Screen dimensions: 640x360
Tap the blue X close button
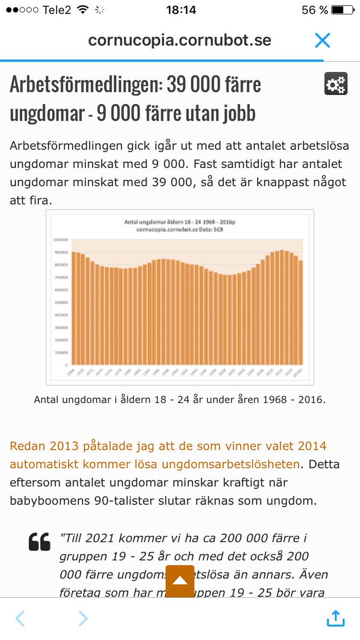pyautogui.click(x=323, y=41)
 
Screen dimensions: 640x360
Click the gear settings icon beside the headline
pyautogui.click(x=335, y=84)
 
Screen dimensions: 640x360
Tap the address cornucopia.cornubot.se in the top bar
pyautogui.click(x=180, y=41)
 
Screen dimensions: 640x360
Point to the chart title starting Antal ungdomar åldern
pyautogui.click(x=179, y=222)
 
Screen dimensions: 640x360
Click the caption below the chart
pyautogui.click(x=180, y=399)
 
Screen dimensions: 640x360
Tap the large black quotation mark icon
pyautogui.click(x=39, y=542)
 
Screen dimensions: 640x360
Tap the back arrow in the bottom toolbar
pyautogui.click(x=20, y=618)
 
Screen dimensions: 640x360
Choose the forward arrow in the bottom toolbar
pyautogui.click(x=83, y=618)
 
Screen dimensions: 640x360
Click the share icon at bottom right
pyautogui.click(x=335, y=618)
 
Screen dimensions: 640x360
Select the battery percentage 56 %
pyautogui.click(x=315, y=10)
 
